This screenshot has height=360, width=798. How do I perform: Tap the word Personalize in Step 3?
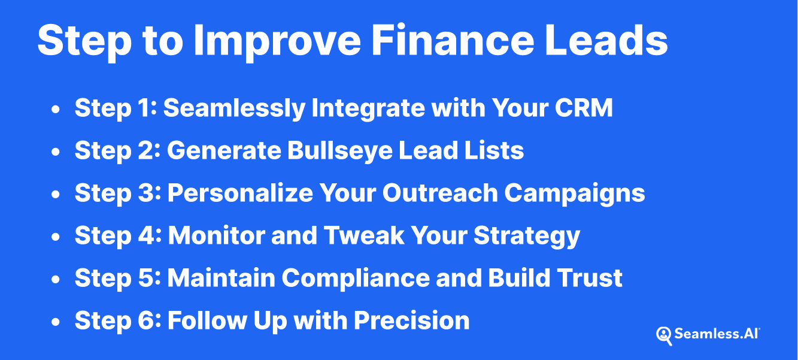pos(240,193)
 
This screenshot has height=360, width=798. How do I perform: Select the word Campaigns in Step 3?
pos(574,193)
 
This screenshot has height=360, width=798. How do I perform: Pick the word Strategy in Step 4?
pos(527,236)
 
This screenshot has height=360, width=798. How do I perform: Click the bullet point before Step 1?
pos(56,110)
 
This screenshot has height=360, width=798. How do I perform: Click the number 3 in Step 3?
pos(152,193)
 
